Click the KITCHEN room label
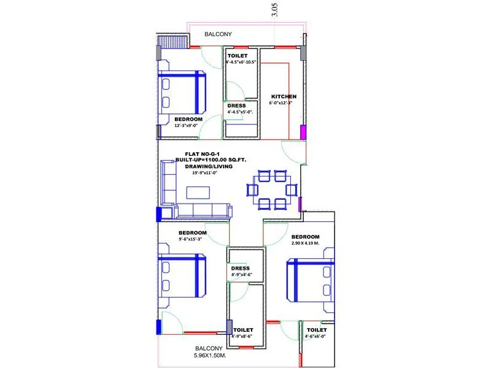pos(284,96)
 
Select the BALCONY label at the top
pos(218,34)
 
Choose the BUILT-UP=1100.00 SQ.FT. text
pos(209,160)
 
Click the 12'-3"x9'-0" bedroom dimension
pos(188,126)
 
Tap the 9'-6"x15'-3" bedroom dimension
pos(192,240)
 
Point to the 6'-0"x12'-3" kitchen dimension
pos(284,103)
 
